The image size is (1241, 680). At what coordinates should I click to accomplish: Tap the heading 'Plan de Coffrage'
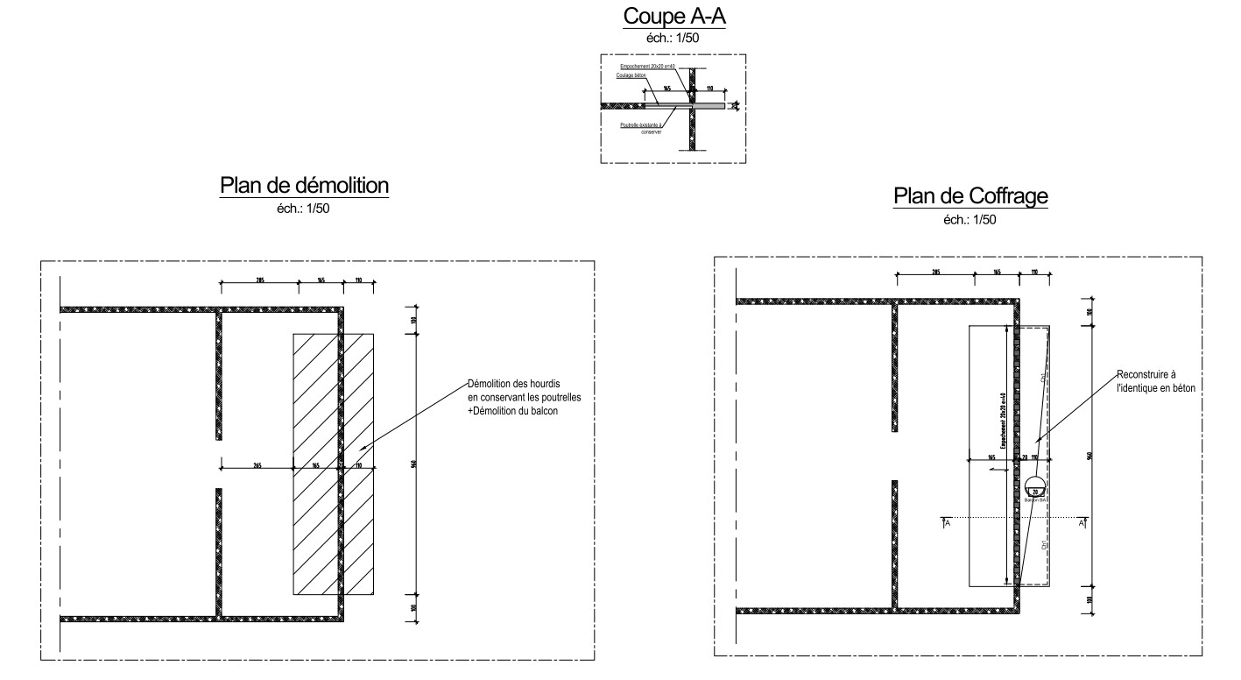[970, 197]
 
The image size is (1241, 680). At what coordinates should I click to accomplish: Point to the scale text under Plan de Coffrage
[970, 220]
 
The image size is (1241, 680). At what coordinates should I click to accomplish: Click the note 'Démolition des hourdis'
[513, 384]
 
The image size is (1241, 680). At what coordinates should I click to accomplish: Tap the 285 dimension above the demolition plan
[259, 279]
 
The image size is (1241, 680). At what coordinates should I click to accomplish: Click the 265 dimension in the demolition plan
[256, 465]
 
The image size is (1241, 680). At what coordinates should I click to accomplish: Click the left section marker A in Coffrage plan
[947, 523]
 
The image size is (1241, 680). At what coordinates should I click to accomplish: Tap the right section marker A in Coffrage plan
[1082, 523]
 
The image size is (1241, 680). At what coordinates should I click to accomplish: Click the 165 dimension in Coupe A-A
[667, 89]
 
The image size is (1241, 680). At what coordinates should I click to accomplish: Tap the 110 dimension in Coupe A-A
[709, 89]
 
